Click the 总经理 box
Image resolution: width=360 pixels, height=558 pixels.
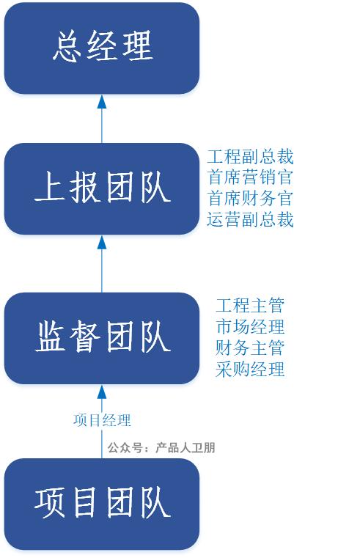[102, 48]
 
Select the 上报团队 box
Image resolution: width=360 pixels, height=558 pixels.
[102, 188]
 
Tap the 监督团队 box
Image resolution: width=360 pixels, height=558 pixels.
[102, 338]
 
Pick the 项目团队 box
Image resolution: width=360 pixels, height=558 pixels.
[102, 504]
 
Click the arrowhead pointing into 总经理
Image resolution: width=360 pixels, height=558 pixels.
[102, 102]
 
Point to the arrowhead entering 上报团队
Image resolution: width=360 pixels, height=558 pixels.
[102, 242]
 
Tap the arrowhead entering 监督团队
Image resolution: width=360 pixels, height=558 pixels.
[102, 392]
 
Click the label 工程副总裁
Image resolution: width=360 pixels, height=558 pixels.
[250, 157]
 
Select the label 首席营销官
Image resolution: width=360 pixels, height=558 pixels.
[250, 177]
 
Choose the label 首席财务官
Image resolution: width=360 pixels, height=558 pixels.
[250, 199]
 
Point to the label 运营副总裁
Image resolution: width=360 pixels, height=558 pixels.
[250, 219]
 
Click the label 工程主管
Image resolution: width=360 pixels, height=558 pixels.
[250, 306]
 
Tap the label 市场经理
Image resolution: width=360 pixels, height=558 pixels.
[250, 327]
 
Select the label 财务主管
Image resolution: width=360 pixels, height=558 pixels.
[250, 348]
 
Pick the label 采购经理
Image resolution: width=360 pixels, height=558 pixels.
[250, 369]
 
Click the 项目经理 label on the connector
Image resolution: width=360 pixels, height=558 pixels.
[102, 420]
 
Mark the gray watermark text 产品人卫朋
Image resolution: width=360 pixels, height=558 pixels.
[185, 448]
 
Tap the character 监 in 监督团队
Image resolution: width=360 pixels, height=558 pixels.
[50, 337]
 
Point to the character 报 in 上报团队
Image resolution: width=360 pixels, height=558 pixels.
[84, 187]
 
